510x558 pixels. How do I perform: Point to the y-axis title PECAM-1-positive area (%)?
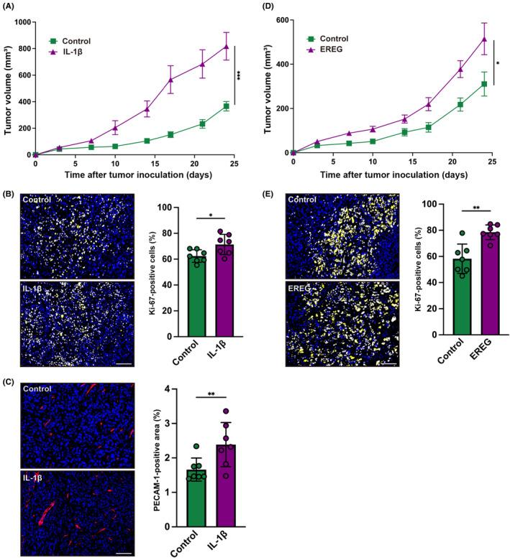[154, 457]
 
